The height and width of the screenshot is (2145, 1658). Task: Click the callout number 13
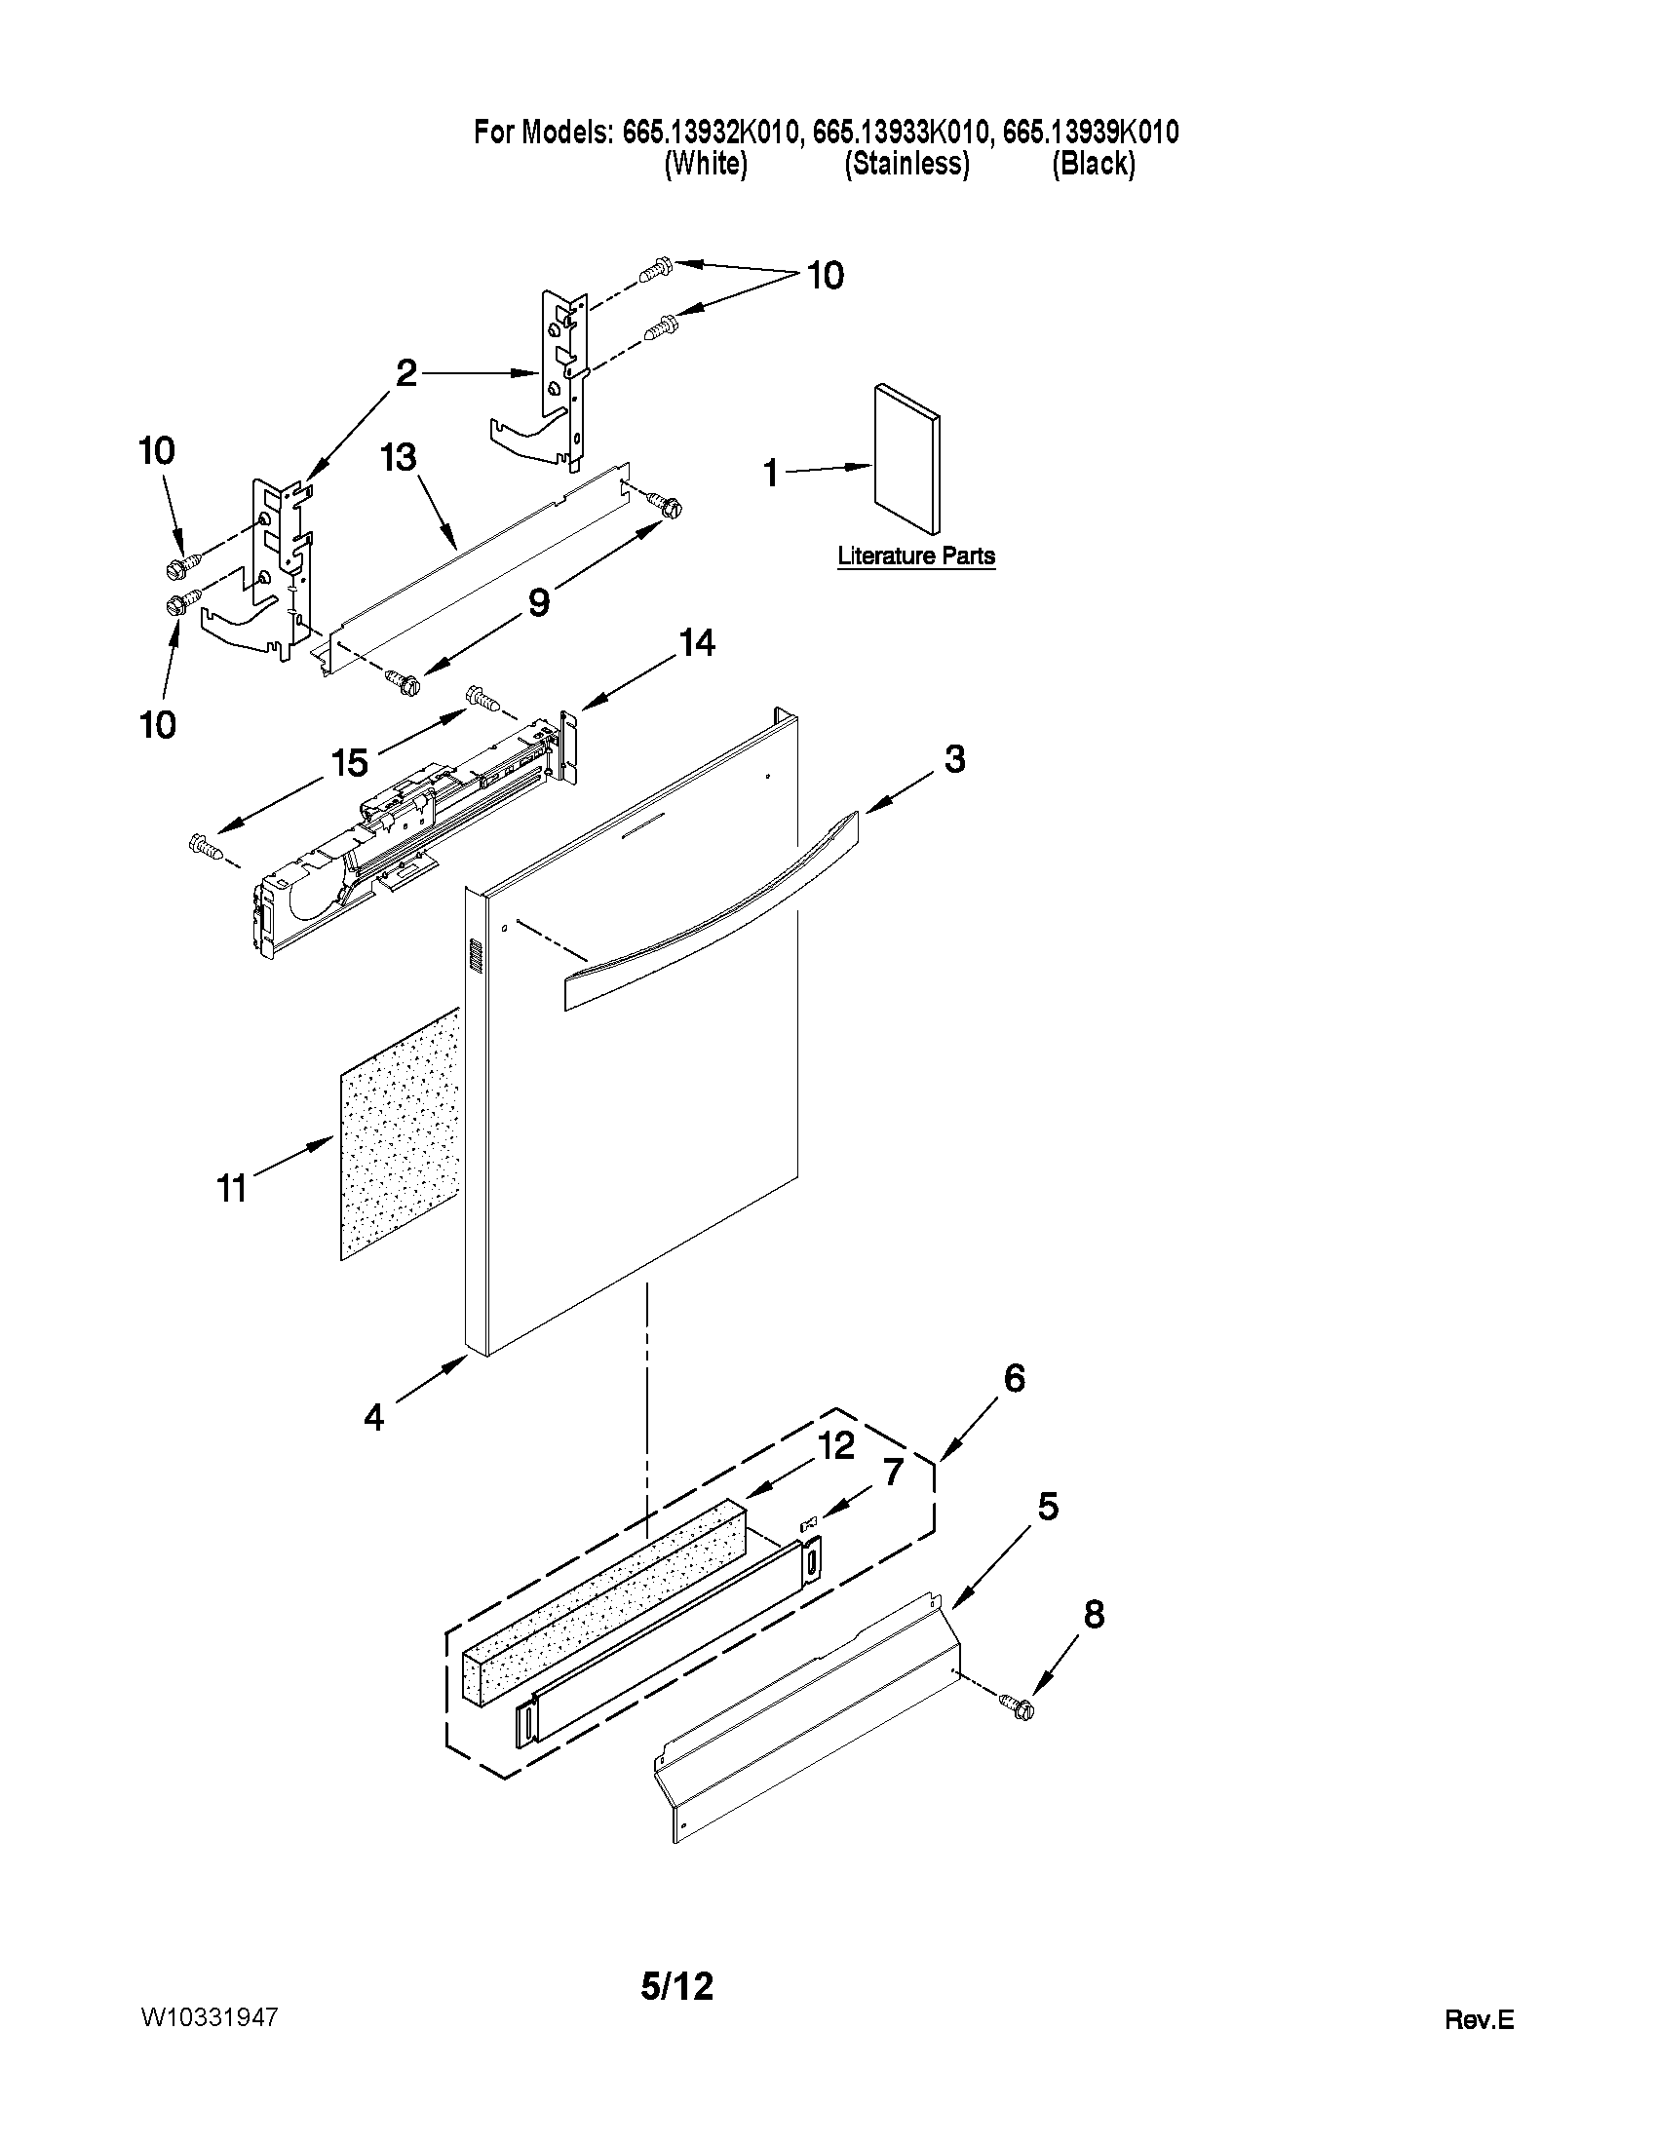pyautogui.click(x=399, y=459)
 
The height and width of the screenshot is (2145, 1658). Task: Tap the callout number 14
pyautogui.click(x=696, y=644)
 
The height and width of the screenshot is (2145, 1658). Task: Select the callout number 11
pyautogui.click(x=232, y=1189)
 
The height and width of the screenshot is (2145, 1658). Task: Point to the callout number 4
pyautogui.click(x=373, y=1417)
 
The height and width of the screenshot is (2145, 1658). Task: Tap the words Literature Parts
pyautogui.click(x=915, y=555)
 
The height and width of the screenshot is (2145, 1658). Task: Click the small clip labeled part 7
pyautogui.click(x=810, y=1523)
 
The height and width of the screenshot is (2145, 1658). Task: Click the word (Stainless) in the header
pyautogui.click(x=906, y=164)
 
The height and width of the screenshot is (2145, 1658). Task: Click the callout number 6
pyautogui.click(x=1014, y=1378)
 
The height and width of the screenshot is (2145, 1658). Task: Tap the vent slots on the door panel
pyautogui.click(x=476, y=958)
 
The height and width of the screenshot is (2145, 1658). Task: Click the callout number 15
pyautogui.click(x=351, y=762)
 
